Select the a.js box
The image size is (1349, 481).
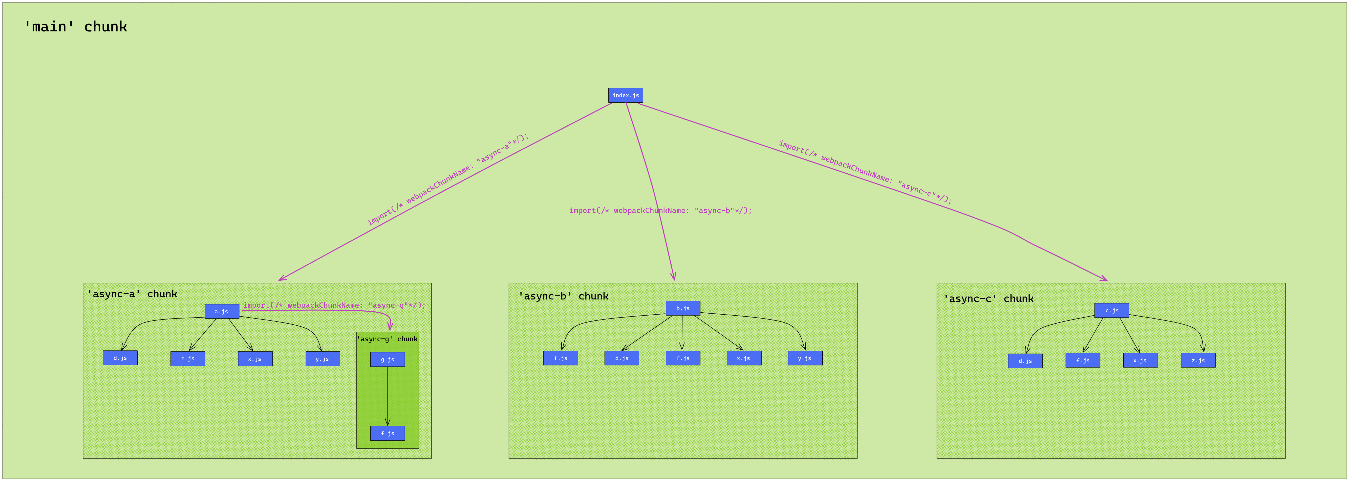(221, 311)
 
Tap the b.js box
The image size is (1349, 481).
(682, 308)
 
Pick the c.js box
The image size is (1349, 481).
(1111, 310)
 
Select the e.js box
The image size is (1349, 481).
(188, 358)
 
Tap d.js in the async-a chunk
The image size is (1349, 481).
(120, 358)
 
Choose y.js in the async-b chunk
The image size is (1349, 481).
(805, 358)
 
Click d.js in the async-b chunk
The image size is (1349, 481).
(621, 358)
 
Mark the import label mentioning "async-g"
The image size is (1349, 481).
(334, 305)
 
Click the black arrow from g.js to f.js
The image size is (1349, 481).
(387, 396)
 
